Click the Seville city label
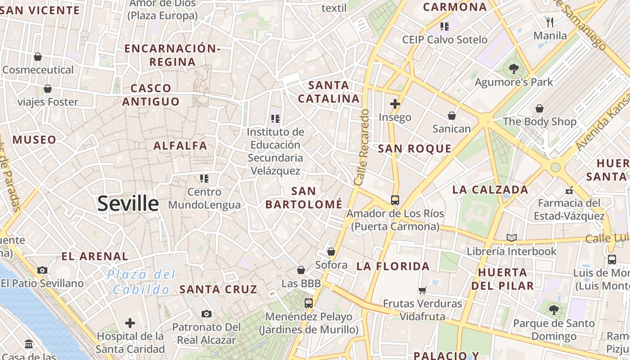tap(128, 204)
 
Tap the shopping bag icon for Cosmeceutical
tap(38, 57)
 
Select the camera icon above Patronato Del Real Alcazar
tap(207, 314)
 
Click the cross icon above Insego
tap(395, 104)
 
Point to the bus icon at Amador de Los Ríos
tap(395, 200)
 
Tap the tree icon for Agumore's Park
tap(513, 69)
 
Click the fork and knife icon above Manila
tap(549, 22)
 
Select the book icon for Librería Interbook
tap(512, 238)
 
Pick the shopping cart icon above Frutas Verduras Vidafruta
tap(422, 290)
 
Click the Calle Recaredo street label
tap(362, 148)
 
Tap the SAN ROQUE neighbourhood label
tap(414, 149)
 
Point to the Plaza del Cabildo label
tap(141, 282)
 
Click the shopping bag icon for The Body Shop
tap(539, 108)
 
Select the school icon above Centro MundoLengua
tap(204, 179)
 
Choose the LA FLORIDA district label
tap(393, 266)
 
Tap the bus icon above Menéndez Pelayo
tap(308, 303)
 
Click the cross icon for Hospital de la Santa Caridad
tap(130, 323)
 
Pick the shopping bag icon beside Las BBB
tap(301, 270)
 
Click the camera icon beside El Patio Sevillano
tap(42, 270)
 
